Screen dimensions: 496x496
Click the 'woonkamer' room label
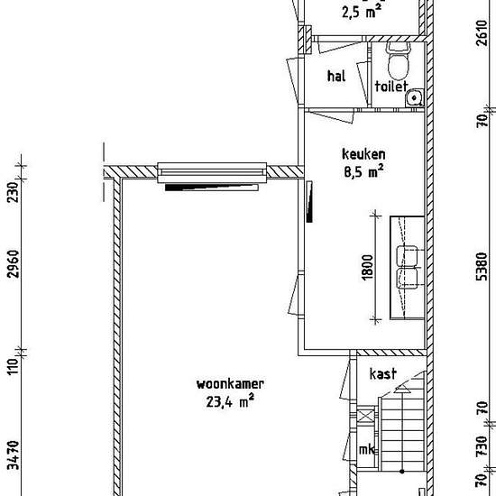click(230, 384)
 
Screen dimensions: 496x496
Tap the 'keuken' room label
click(363, 154)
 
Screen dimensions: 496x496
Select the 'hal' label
click(336, 77)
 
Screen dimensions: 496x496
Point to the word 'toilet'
click(391, 86)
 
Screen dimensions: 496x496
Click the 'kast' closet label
click(382, 373)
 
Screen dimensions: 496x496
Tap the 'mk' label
click(367, 449)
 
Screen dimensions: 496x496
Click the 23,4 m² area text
click(230, 401)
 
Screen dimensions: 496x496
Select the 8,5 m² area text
click(363, 171)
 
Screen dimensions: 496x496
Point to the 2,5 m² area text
click(362, 13)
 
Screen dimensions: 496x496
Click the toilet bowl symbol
click(399, 61)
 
